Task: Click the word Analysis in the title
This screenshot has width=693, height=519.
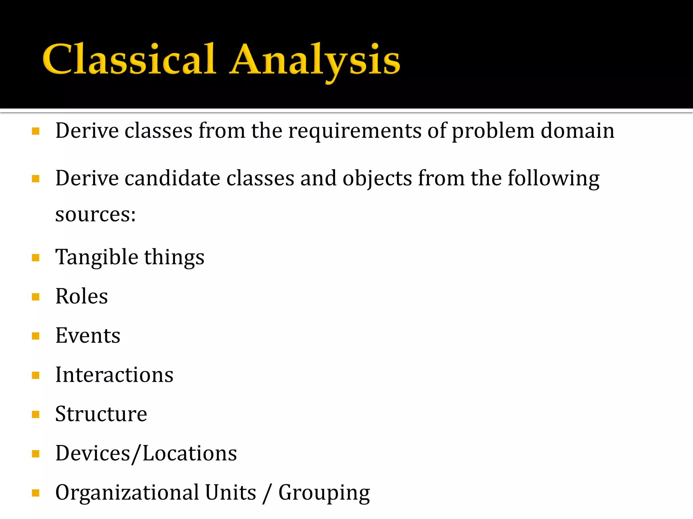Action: pos(315,61)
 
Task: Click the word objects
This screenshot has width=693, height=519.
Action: pos(377,179)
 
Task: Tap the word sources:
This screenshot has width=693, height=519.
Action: pos(95,215)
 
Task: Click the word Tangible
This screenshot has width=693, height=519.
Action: pos(97,257)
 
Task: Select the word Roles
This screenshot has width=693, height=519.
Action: pos(82,296)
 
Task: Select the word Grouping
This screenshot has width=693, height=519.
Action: pos(324,493)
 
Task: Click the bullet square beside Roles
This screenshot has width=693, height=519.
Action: pos(36,297)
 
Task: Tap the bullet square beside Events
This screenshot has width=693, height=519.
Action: pos(36,336)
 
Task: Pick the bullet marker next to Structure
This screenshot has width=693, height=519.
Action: pos(36,415)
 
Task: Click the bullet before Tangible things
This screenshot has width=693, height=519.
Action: pos(36,258)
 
